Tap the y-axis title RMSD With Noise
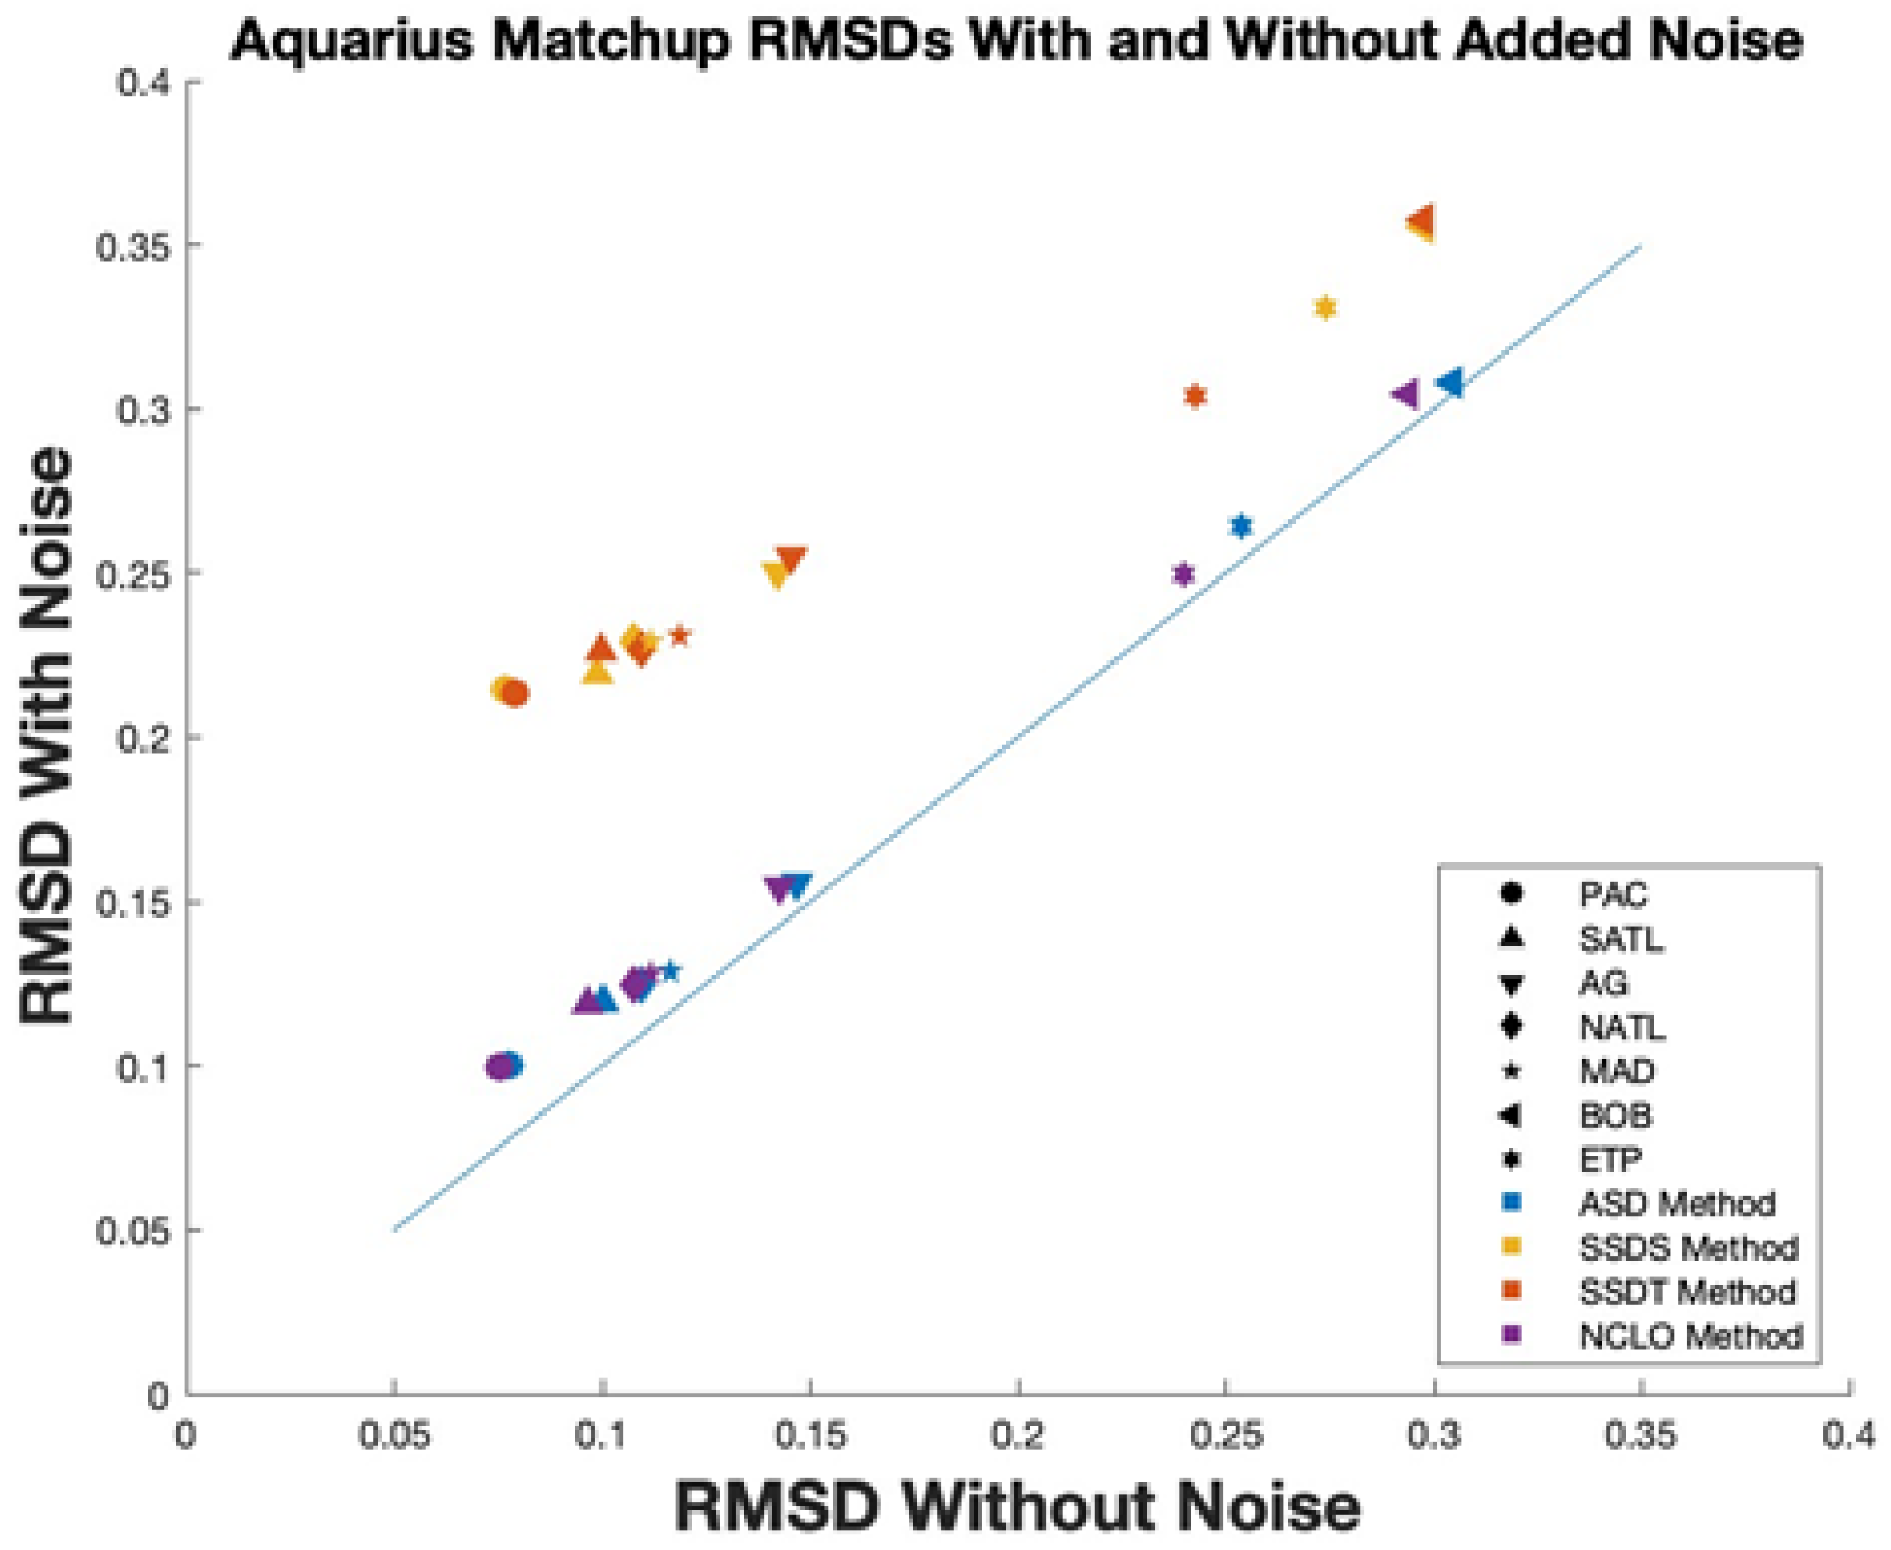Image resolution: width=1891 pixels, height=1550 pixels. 46,736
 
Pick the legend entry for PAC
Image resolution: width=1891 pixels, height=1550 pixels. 1612,895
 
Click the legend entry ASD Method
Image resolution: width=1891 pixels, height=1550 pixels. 1677,1204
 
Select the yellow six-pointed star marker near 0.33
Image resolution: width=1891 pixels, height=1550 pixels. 1326,308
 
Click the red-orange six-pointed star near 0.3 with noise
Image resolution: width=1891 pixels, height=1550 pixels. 1195,396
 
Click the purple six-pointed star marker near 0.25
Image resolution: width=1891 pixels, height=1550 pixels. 1183,574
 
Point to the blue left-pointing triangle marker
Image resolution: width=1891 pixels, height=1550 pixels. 1450,383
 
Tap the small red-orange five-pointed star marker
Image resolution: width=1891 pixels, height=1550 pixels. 681,636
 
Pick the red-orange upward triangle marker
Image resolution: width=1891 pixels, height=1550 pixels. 601,648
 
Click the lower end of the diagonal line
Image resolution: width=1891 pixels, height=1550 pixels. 395,1229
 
